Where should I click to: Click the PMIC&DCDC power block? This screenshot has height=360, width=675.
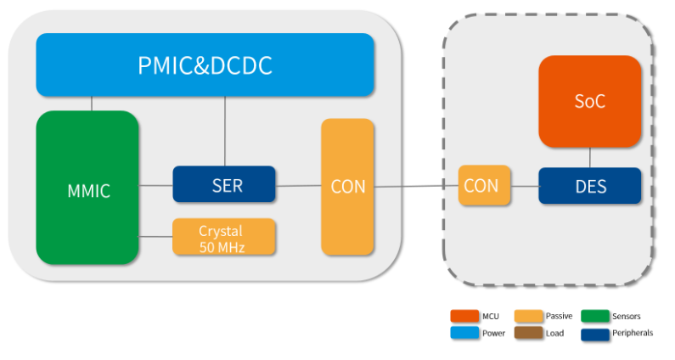[x=205, y=65]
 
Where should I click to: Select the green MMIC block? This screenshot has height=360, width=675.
[x=87, y=188]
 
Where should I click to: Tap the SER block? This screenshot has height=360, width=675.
[x=224, y=184]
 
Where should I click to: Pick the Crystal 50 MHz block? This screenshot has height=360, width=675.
[x=224, y=237]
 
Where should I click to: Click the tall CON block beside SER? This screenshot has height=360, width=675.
[x=347, y=187]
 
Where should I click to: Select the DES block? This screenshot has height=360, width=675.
[x=590, y=186]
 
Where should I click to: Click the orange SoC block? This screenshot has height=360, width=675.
[x=590, y=101]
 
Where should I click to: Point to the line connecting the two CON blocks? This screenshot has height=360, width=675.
[x=416, y=187]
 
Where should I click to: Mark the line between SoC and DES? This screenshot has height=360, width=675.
[x=590, y=158]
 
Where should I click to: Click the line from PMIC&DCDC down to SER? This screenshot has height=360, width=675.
[x=224, y=131]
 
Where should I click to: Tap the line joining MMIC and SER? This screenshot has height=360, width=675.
[x=155, y=185]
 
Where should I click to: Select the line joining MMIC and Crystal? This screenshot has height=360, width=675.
[x=155, y=237]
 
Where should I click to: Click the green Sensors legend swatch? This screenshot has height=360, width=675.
[x=594, y=316]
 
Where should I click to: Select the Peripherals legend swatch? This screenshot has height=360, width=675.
[x=594, y=333]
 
